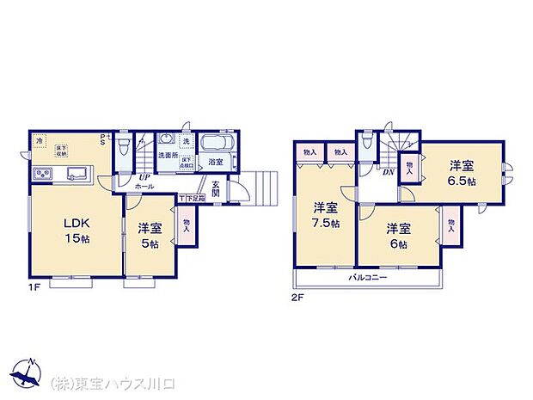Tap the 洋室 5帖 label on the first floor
point(150,236)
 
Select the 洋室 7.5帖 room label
point(324,214)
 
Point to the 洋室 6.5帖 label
point(463,173)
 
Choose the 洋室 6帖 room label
point(397,236)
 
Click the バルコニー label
point(367,278)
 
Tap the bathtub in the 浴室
point(218,144)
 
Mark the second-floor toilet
point(367,143)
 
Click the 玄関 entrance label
point(216,188)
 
